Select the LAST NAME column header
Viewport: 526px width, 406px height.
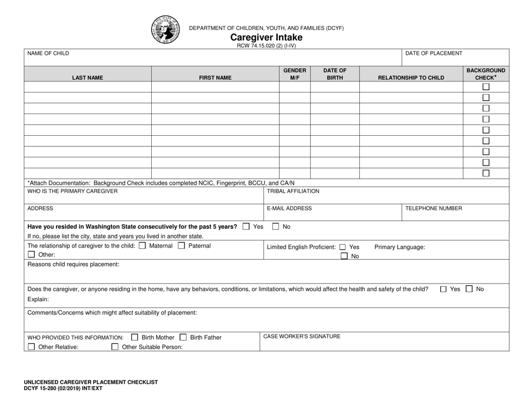pos(87,78)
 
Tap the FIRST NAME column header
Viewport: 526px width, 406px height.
pos(215,78)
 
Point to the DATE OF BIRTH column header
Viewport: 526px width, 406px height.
pos(334,74)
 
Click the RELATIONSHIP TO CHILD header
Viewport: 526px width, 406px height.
pos(411,78)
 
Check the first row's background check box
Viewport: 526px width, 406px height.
pos(486,87)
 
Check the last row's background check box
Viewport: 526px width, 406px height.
pos(486,173)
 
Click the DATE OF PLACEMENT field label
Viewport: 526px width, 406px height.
pos(434,53)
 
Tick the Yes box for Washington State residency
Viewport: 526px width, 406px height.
pos(246,227)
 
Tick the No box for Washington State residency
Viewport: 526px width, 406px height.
pos(276,227)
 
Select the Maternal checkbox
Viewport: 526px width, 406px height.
pos(142,245)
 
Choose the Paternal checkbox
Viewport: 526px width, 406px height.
pos(181,245)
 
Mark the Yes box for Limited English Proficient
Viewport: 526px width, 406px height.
pos(343,247)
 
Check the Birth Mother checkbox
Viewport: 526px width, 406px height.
pos(135,337)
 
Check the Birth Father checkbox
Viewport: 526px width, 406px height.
pos(183,337)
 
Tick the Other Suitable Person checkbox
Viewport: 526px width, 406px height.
pos(115,347)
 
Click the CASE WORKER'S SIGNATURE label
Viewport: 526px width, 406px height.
pos(302,336)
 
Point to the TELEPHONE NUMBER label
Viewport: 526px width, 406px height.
pos(434,209)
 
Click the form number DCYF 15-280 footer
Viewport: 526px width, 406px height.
pos(63,389)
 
